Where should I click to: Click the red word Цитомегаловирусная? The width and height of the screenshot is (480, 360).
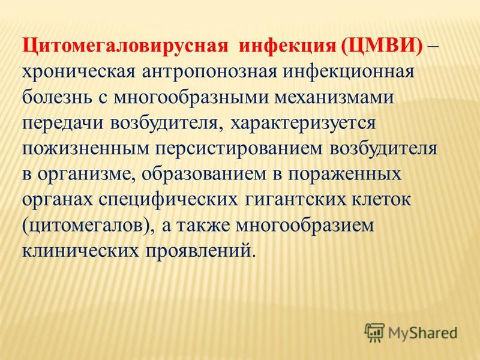click(125, 47)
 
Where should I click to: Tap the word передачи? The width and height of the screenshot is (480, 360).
click(62, 124)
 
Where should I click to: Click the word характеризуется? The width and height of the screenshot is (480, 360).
click(303, 124)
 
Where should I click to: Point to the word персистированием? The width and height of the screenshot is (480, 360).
click(239, 149)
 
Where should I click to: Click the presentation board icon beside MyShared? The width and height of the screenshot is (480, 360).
click(374, 332)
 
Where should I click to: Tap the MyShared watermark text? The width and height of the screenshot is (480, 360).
click(423, 333)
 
